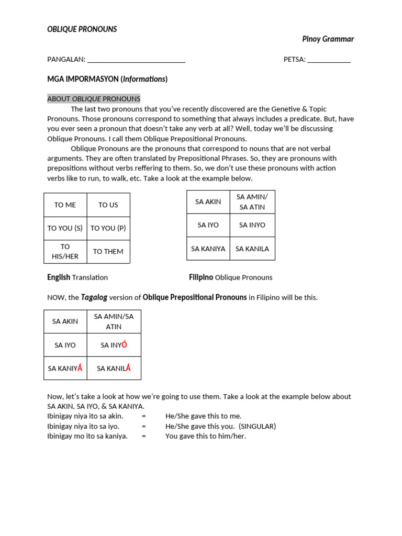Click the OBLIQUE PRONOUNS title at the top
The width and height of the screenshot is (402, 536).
(x=82, y=29)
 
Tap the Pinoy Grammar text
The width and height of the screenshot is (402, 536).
(x=328, y=39)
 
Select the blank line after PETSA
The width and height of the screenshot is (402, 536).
(x=329, y=60)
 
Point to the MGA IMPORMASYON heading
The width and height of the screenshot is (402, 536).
(x=107, y=79)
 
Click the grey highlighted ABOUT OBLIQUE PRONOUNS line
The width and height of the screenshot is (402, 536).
(x=94, y=99)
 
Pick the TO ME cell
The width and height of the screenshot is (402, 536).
(x=65, y=205)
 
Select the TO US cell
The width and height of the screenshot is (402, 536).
(x=108, y=205)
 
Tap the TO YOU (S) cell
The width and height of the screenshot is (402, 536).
(x=65, y=228)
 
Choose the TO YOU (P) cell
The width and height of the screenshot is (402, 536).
(x=108, y=228)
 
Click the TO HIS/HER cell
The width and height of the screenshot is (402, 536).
(x=65, y=251)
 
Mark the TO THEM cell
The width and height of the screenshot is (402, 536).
(x=108, y=251)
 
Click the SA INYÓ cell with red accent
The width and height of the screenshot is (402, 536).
(x=114, y=345)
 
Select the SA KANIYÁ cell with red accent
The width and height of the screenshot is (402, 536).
(x=65, y=368)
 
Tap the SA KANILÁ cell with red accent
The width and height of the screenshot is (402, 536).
(x=114, y=368)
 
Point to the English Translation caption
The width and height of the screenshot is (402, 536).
(x=77, y=277)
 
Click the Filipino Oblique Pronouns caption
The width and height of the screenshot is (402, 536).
(x=230, y=277)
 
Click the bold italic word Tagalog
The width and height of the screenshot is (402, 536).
(x=94, y=297)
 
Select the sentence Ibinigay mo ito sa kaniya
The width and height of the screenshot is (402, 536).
(x=87, y=436)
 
